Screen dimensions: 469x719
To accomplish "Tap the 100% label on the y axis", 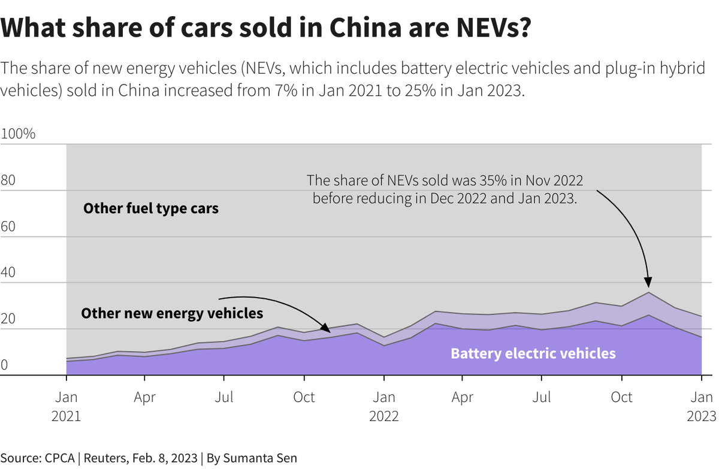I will pos(19,134).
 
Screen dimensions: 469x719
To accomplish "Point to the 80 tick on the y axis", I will pos(9,180).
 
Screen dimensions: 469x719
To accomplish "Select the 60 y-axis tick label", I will pos(9,226).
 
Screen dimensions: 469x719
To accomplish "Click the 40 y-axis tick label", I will pos(9,273).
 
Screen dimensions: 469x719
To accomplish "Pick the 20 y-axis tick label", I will pos(9,319).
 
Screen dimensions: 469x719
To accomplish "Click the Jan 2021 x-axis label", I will pos(66,406).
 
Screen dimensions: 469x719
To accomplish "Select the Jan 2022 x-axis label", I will pos(384,406).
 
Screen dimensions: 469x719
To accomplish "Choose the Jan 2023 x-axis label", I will pos(702,406).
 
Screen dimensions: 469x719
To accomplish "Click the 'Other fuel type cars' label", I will pos(151,209).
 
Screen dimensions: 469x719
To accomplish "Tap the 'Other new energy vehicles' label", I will pos(172,313).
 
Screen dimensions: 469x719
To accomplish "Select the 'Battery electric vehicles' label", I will pos(533,353).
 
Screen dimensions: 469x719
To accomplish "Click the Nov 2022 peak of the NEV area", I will pos(648,293).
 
